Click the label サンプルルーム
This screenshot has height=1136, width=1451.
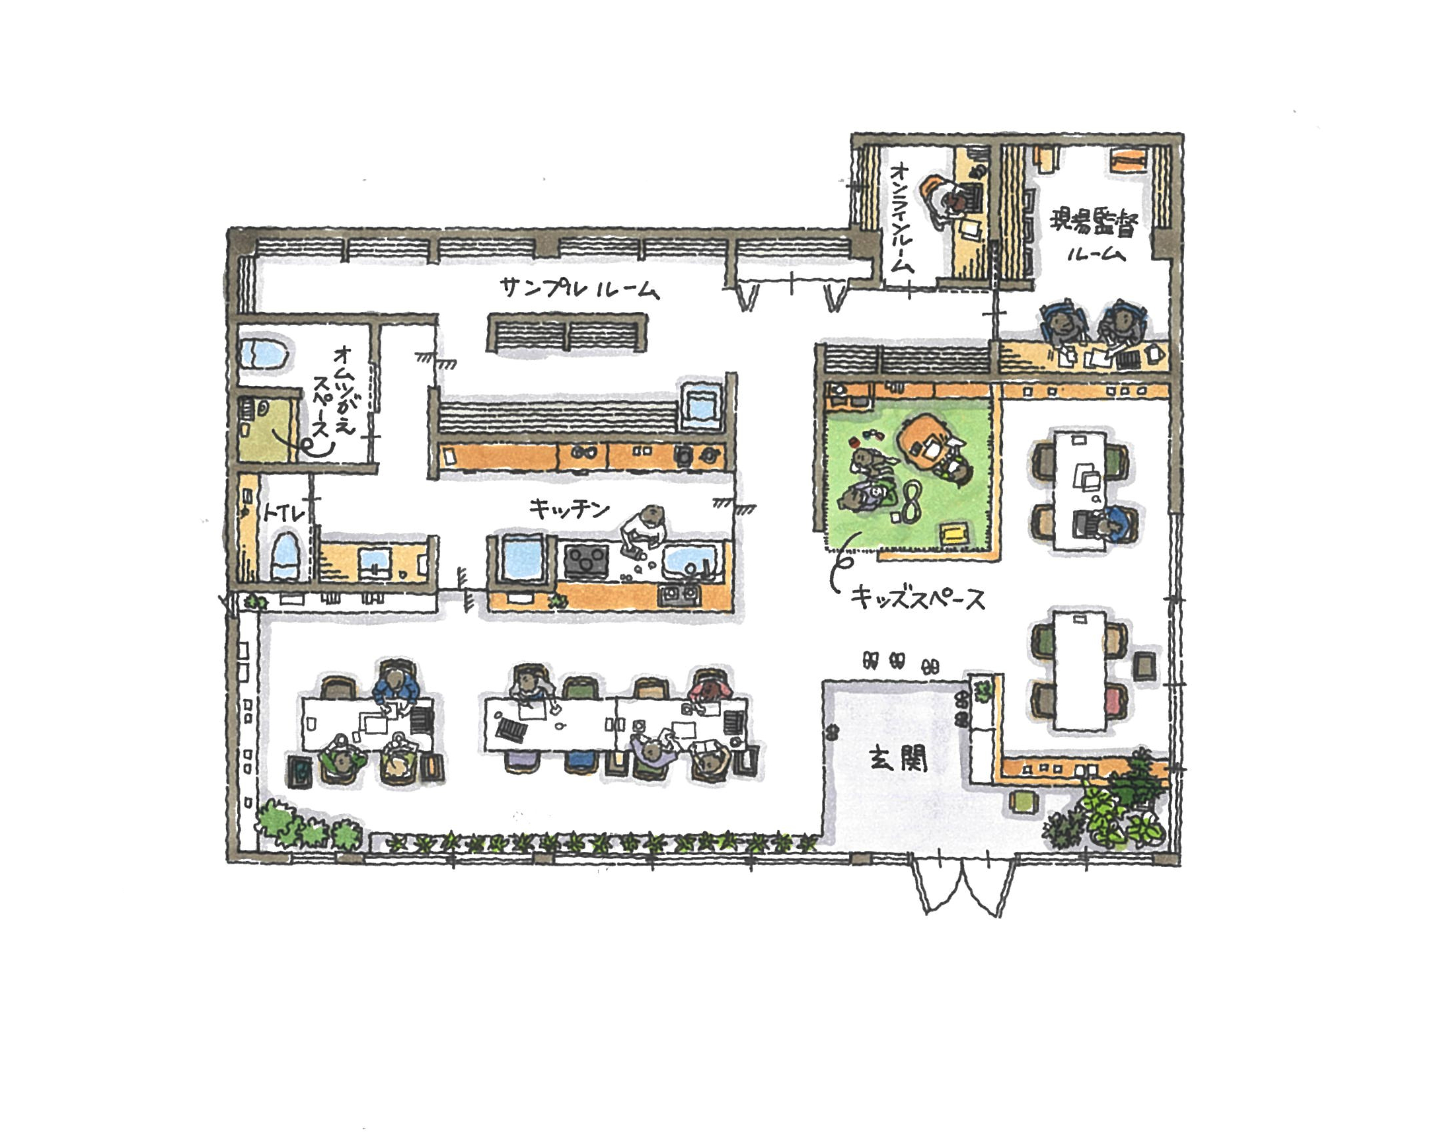[579, 289]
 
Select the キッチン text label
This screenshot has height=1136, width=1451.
[569, 510]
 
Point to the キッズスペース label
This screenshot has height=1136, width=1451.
[918, 599]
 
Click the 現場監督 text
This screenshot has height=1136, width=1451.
[1094, 221]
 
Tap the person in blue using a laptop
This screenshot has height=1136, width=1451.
[1112, 525]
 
